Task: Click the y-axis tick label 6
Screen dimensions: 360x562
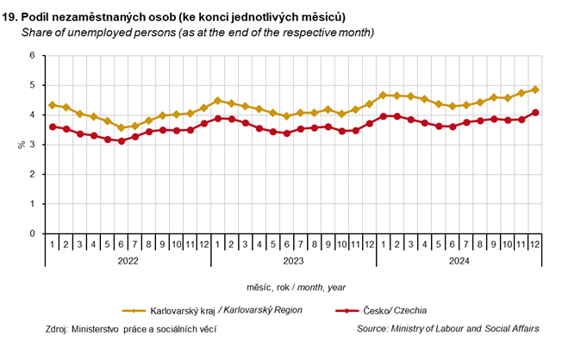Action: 32,56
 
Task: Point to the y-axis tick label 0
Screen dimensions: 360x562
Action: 32,233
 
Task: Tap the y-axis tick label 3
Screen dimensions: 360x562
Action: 32,145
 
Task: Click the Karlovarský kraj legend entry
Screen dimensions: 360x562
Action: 225,310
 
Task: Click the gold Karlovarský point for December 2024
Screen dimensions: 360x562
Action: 535,90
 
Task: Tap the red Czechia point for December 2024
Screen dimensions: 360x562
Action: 535,112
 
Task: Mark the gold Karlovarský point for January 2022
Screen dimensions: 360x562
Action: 53,105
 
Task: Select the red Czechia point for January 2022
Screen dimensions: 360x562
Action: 53,127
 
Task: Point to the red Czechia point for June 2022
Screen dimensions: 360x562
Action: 122,140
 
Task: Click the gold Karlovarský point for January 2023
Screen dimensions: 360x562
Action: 218,101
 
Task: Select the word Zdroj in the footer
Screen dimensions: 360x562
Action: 56,328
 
